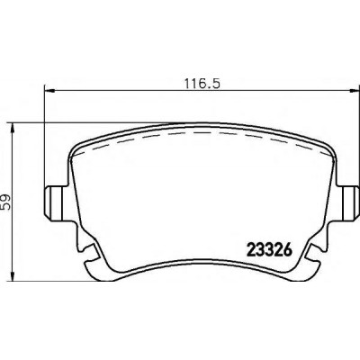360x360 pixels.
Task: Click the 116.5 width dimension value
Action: tap(202, 84)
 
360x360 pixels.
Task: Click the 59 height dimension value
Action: tap(5, 202)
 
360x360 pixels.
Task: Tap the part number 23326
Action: tap(269, 250)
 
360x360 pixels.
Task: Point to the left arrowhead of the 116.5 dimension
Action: tap(49, 90)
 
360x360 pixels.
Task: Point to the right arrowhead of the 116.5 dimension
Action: tap(354, 90)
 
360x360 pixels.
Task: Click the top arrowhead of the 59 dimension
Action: tap(13, 129)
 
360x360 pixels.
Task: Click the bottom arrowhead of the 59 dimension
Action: tap(13, 275)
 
